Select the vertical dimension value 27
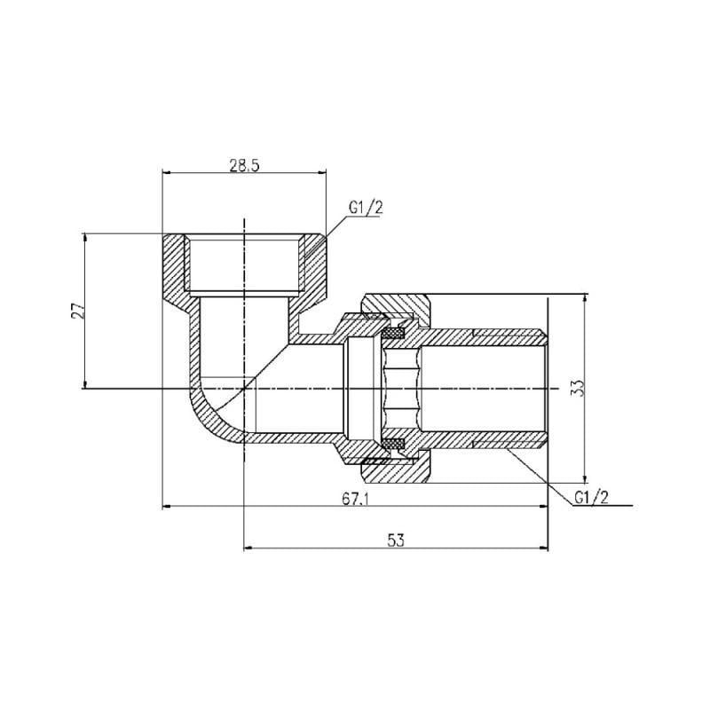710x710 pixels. pos(77,310)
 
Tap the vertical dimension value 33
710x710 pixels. pos(578,387)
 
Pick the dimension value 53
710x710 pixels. pos(396,540)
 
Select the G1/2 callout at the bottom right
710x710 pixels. pos(591,498)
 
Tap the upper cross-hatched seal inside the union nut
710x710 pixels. pos(392,334)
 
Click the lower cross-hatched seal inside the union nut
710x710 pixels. pos(392,443)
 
